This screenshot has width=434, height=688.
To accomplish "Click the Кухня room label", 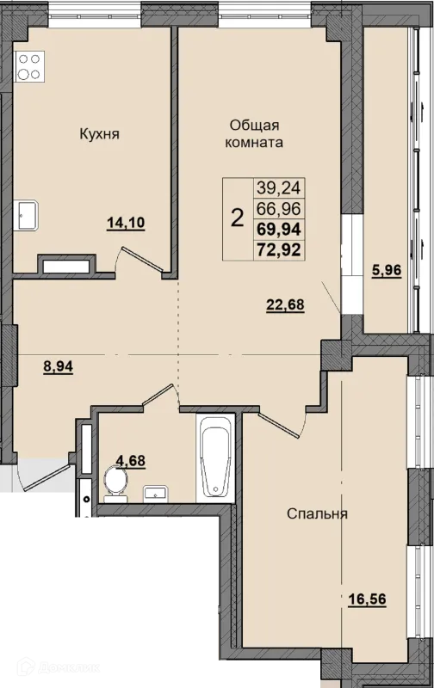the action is pyautogui.click(x=99, y=134).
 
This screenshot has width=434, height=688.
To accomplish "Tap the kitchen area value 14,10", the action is pyautogui.click(x=126, y=224).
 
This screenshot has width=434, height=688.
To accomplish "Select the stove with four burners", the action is pyautogui.click(x=29, y=66).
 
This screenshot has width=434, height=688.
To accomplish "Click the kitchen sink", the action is pyautogui.click(x=26, y=216).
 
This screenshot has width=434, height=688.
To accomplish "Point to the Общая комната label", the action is pyautogui.click(x=254, y=134).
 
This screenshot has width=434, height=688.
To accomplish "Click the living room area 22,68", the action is pyautogui.click(x=285, y=304).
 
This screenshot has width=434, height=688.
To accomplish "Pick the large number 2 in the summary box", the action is pyautogui.click(x=237, y=218).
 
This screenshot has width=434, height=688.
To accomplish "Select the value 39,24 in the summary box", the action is pyautogui.click(x=279, y=188).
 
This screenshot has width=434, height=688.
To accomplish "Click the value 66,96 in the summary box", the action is pyautogui.click(x=279, y=209).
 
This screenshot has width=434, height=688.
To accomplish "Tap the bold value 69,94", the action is pyautogui.click(x=279, y=229).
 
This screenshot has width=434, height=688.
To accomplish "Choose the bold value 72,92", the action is pyautogui.click(x=279, y=249).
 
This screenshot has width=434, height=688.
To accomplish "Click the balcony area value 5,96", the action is pyautogui.click(x=387, y=271).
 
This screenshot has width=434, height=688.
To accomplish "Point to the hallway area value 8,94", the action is pyautogui.click(x=58, y=366).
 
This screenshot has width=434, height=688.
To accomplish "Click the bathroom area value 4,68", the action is pyautogui.click(x=131, y=461).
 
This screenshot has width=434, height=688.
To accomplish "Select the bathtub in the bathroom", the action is pyautogui.click(x=215, y=457).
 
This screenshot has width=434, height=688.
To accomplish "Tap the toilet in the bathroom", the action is pyautogui.click(x=116, y=484).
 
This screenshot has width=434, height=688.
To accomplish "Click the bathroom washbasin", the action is pyautogui.click(x=155, y=494).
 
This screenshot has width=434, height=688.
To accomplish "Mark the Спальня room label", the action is pyautogui.click(x=317, y=513).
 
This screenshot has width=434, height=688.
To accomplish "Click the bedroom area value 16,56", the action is pyautogui.click(x=367, y=599).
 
